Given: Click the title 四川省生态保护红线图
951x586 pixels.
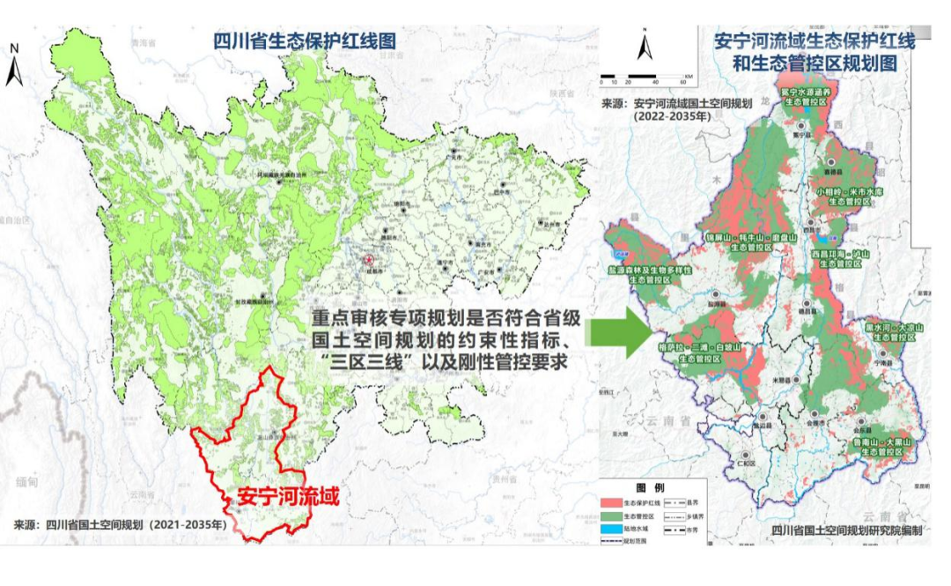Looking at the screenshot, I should coord(304,41).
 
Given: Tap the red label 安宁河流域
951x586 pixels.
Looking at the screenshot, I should coord(287,495).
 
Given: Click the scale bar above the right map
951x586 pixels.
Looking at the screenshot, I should coord(646,74).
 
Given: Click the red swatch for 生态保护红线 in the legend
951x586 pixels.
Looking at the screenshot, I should coord(612,501).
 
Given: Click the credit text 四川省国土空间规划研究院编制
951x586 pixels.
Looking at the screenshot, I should coord(845,530).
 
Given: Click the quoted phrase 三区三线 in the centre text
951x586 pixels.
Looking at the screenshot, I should coord(354,362).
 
